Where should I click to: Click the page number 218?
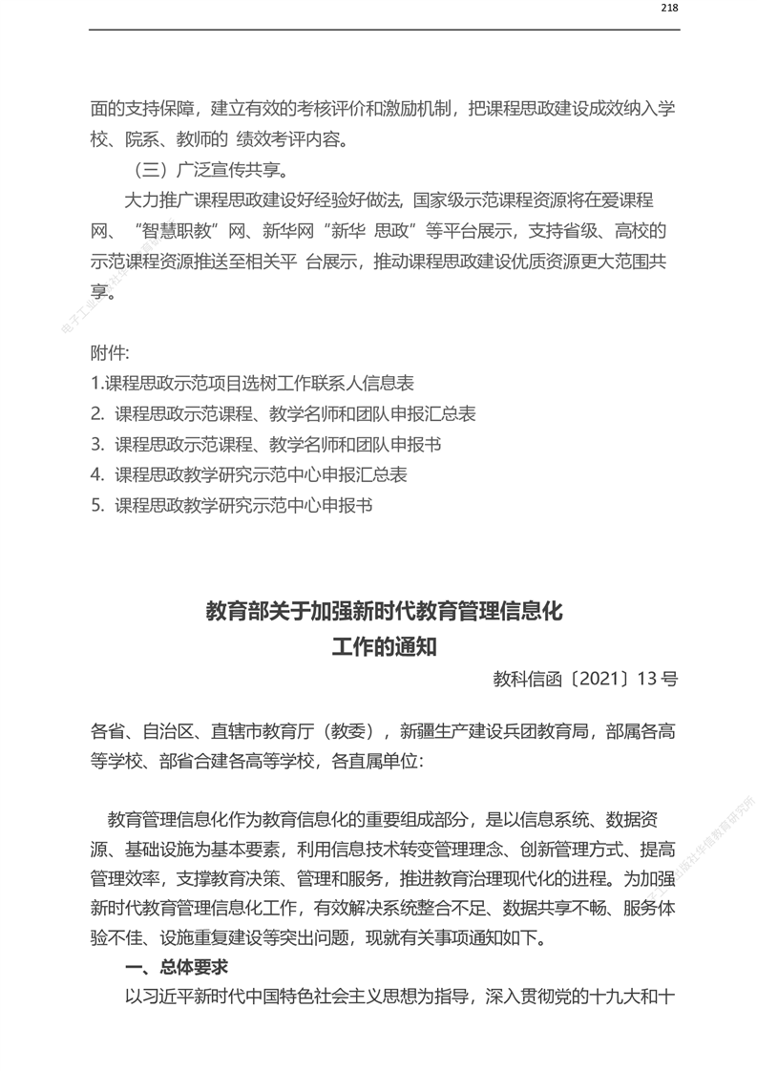tap(669, 8)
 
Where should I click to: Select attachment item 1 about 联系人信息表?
tap(253, 384)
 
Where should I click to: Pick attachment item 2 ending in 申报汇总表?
tap(284, 414)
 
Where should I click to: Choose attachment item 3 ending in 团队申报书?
tap(266, 445)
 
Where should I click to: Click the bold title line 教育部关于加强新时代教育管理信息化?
tap(385, 612)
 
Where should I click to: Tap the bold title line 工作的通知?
tap(385, 646)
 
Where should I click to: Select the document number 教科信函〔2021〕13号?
tap(585, 680)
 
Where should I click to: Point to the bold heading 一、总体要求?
tap(177, 967)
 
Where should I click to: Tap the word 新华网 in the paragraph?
tap(284, 231)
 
